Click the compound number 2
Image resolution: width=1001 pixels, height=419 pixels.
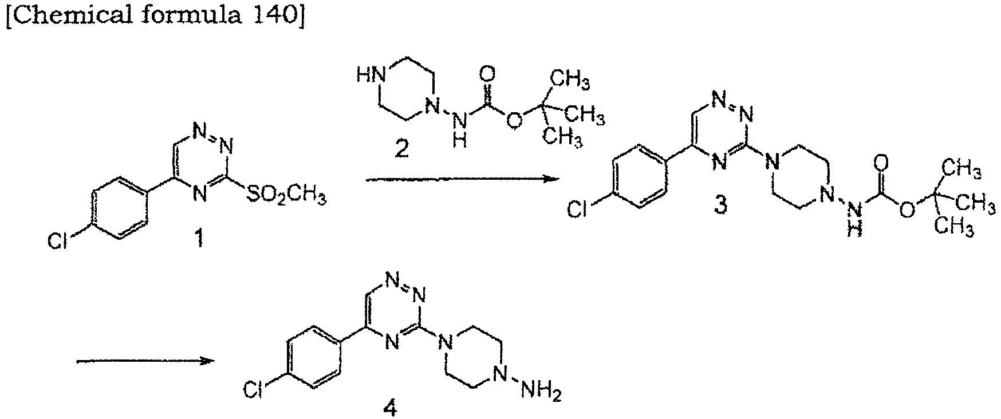(402, 149)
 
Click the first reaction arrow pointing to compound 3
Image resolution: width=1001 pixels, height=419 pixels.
(462, 180)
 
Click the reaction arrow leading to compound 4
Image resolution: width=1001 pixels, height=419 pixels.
(145, 361)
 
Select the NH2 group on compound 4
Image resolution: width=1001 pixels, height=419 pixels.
(542, 392)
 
